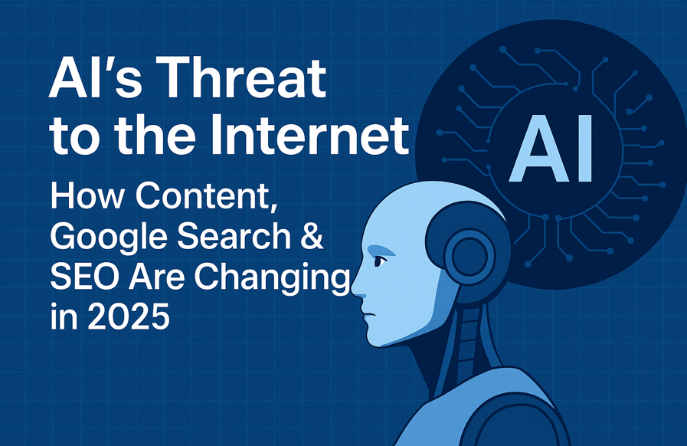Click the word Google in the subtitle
[x=103, y=239]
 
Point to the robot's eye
[x=379, y=261]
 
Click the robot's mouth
[x=366, y=312]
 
